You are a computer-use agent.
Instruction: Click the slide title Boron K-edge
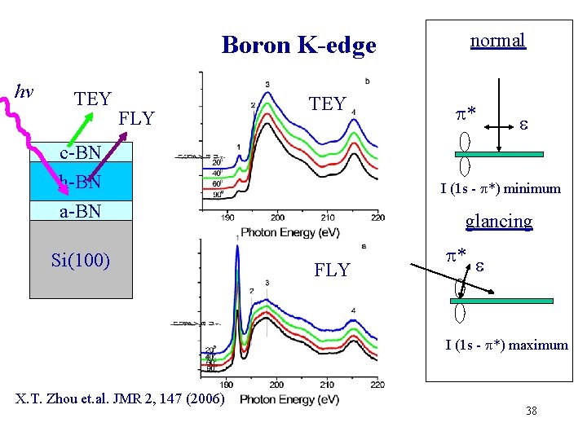(x=298, y=45)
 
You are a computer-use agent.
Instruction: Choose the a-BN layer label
(x=80, y=211)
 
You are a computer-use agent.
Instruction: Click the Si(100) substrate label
(x=80, y=261)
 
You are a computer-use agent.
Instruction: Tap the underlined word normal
(x=497, y=40)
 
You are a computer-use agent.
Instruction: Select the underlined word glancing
(x=498, y=221)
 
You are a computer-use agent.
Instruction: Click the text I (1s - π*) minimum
(x=501, y=189)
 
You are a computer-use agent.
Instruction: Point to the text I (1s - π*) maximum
(x=506, y=345)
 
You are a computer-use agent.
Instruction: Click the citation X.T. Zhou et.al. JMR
(x=121, y=398)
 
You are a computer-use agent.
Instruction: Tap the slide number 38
(x=532, y=411)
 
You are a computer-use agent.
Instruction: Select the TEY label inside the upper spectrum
(x=328, y=103)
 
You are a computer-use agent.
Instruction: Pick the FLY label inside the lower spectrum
(x=332, y=270)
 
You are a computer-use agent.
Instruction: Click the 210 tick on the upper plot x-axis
(x=328, y=217)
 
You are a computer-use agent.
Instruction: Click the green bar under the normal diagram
(x=501, y=152)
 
